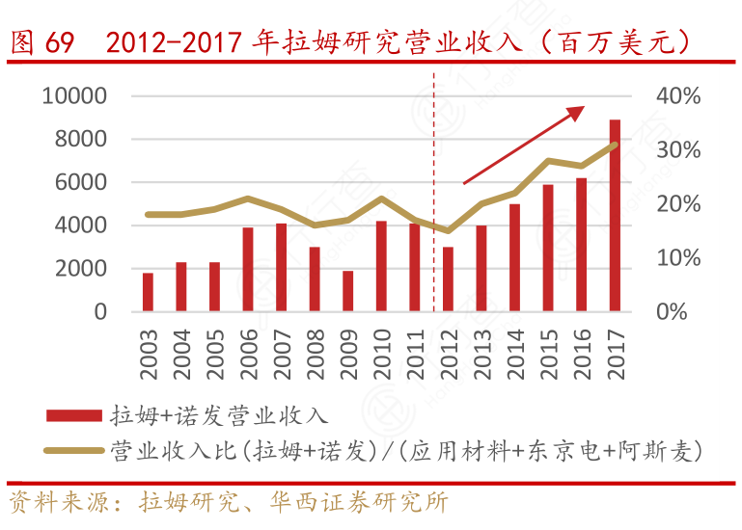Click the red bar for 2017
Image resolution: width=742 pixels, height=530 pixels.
[x=615, y=216]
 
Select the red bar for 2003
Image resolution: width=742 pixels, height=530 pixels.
[x=148, y=292]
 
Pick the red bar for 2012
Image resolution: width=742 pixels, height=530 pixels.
[x=448, y=279]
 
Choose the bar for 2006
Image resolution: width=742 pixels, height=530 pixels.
[x=248, y=270]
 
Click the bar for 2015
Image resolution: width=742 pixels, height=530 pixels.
[x=548, y=248]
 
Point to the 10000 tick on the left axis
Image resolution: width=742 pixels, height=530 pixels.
[x=73, y=96]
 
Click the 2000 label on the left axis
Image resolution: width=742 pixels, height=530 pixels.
[x=81, y=269]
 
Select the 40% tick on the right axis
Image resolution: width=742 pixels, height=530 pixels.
[x=677, y=96]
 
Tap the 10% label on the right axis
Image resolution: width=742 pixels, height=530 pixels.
[x=677, y=258]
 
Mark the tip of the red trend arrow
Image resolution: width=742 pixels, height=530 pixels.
[x=584, y=107]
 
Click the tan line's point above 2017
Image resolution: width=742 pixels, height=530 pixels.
[x=615, y=145]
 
